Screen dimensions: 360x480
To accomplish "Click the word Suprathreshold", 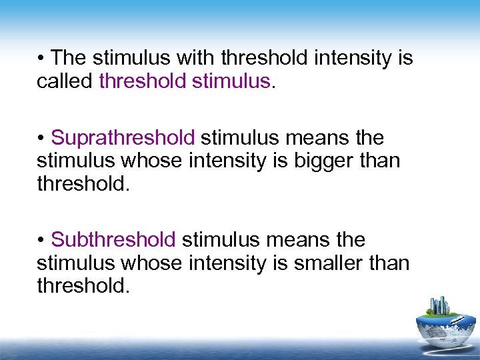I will (123, 138).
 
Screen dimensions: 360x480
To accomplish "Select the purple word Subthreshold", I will (113, 239).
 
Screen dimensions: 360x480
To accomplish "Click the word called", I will (65, 81).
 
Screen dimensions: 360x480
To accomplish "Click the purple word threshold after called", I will (143, 81).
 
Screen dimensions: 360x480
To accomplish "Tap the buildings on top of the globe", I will (439, 306).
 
